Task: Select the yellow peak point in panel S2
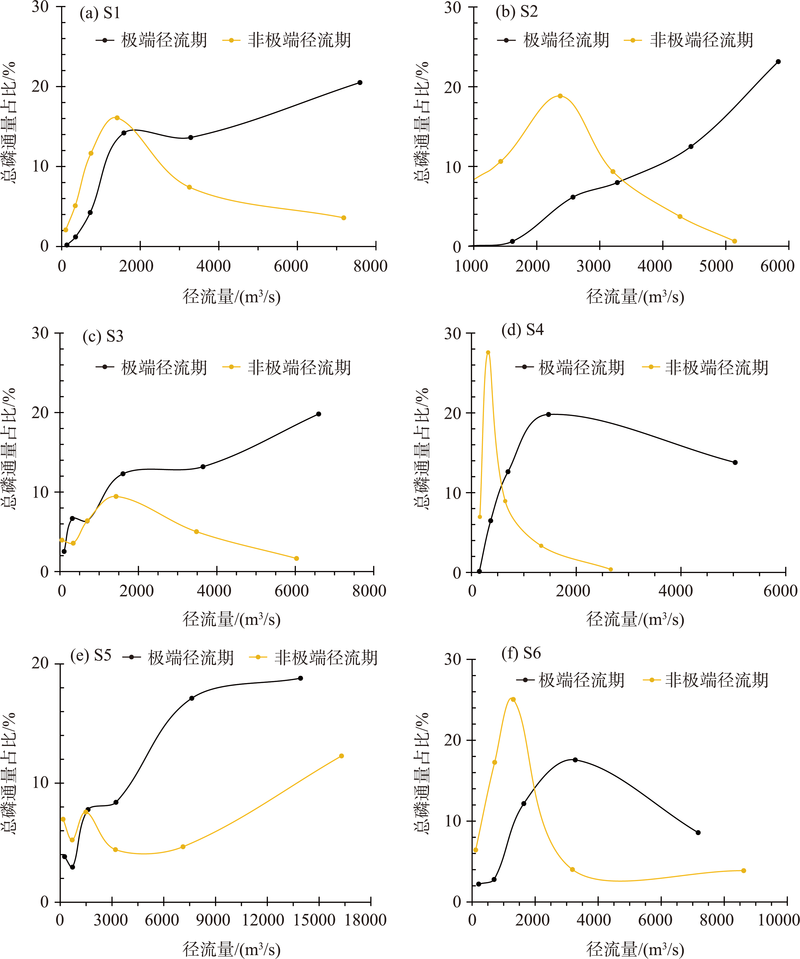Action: [560, 96]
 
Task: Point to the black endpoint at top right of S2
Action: [778, 62]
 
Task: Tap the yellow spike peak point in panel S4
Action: [488, 353]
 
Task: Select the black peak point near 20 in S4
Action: [548, 415]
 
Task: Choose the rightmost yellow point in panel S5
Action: [341, 756]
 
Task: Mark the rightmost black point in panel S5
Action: [300, 678]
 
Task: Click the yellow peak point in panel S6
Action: [513, 700]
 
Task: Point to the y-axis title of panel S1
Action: [9, 123]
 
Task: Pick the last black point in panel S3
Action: [318, 414]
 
